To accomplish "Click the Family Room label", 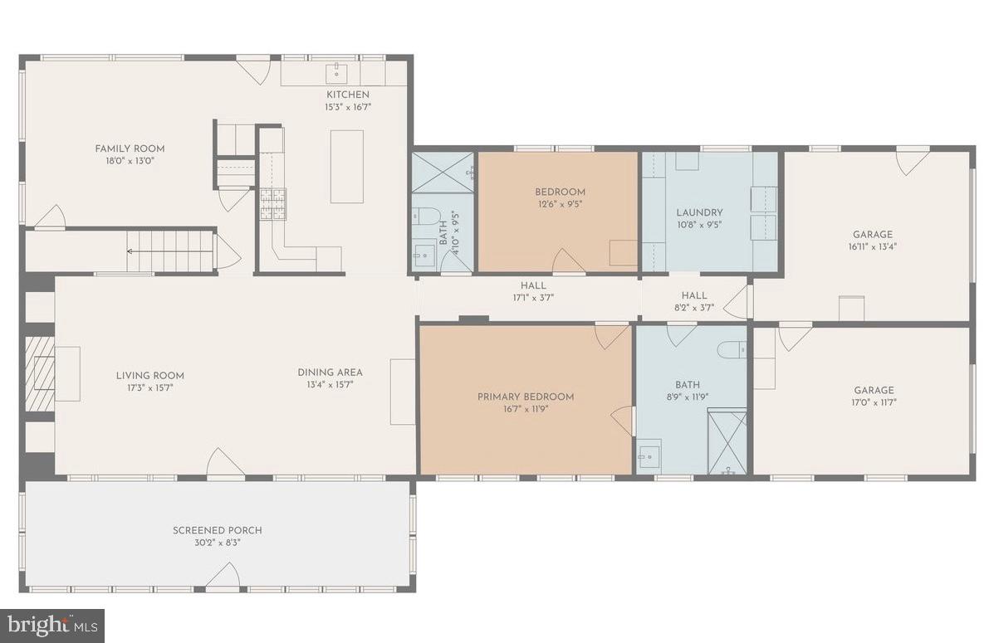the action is click(130, 149).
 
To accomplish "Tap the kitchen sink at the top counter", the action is click(336, 74).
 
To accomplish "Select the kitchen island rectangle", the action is click(347, 167).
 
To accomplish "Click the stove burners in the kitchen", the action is click(272, 204).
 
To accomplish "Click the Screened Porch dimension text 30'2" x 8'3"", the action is click(218, 543).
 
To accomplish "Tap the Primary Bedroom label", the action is click(526, 397).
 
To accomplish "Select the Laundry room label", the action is click(699, 212).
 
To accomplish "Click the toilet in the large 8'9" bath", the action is click(732, 348).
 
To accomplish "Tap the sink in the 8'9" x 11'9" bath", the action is click(649, 454).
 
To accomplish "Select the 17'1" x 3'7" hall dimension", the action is click(533, 298).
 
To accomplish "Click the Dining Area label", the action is click(331, 372).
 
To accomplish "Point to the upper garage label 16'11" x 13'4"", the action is click(873, 246).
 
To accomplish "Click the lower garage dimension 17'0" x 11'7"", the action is click(874, 402).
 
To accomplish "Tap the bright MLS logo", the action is click(52, 626).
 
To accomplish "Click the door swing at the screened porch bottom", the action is click(223, 576).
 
